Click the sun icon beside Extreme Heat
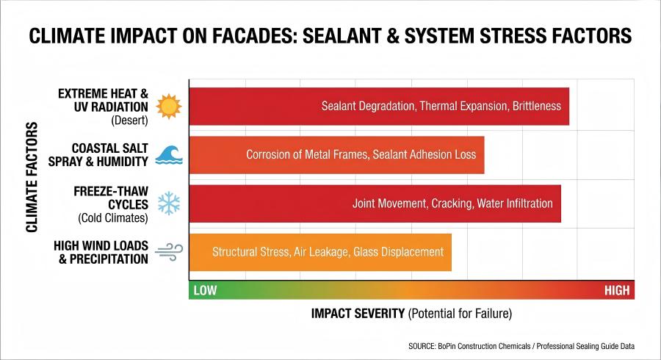coord(168,107)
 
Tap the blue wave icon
coord(168,154)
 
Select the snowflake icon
coord(170,203)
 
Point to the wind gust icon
coord(169,251)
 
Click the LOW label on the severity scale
coord(205,290)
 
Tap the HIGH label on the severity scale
coord(617,290)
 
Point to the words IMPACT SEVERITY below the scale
coord(358,313)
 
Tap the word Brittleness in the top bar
coord(535,106)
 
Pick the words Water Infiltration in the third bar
coord(517,204)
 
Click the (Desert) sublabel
coord(130,120)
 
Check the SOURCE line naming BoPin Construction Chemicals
coord(521,345)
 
